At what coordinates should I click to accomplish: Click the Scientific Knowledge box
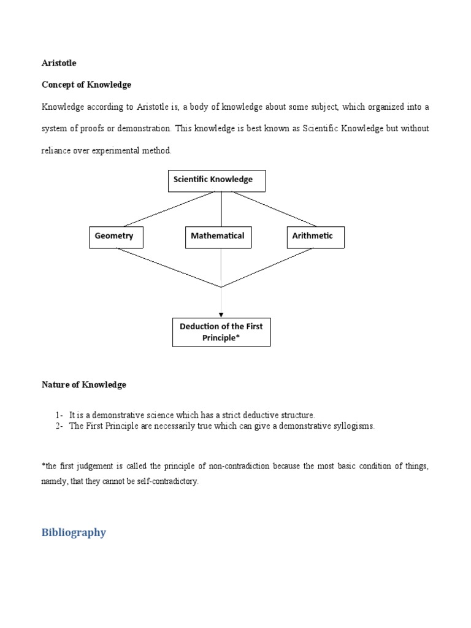pyautogui.click(x=216, y=180)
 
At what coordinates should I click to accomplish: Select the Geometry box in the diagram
pyautogui.click(x=115, y=237)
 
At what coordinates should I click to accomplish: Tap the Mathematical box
pyautogui.click(x=218, y=237)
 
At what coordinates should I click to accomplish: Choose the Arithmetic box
pyautogui.click(x=315, y=237)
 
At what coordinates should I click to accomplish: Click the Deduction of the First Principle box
pyautogui.click(x=221, y=332)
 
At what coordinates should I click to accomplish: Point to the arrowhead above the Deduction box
pyautogui.click(x=221, y=315)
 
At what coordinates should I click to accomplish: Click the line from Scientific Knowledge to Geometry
pyautogui.click(x=169, y=209)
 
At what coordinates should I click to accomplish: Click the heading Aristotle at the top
pyautogui.click(x=59, y=63)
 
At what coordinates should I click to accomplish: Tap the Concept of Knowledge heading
pyautogui.click(x=86, y=84)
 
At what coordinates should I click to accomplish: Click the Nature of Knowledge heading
pyautogui.click(x=84, y=385)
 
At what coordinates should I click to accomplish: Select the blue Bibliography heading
pyautogui.click(x=74, y=532)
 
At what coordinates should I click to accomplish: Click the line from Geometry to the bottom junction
pyautogui.click(x=169, y=267)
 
